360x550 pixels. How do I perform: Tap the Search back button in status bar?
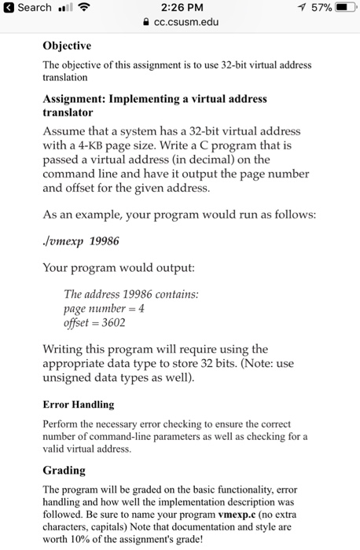(28, 8)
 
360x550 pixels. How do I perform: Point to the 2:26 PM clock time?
(181, 8)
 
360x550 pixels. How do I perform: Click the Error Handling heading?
(79, 405)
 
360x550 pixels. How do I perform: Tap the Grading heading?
(65, 471)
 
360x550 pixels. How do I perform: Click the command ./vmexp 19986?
(86, 241)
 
